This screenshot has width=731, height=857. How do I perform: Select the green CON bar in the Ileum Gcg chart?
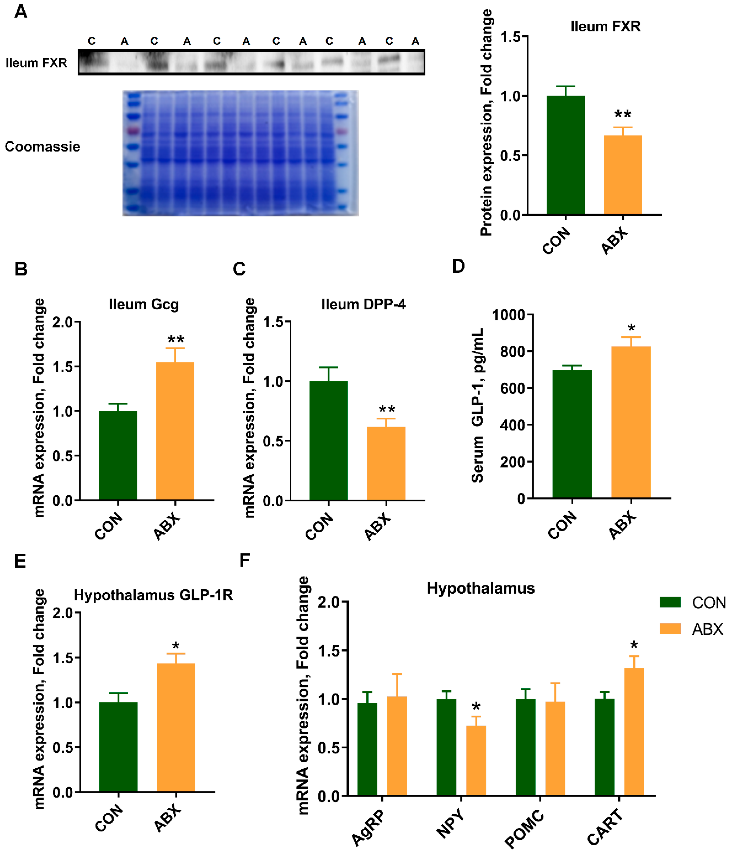[118, 455]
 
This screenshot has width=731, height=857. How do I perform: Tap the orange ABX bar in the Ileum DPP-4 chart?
[386, 463]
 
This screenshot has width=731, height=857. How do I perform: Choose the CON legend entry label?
[709, 603]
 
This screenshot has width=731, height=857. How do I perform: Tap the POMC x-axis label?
[524, 830]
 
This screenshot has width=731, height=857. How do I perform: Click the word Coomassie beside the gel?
[42, 146]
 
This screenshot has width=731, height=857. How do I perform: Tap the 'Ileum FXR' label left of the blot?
[36, 63]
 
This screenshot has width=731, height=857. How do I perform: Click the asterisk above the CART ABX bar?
[634, 645]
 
